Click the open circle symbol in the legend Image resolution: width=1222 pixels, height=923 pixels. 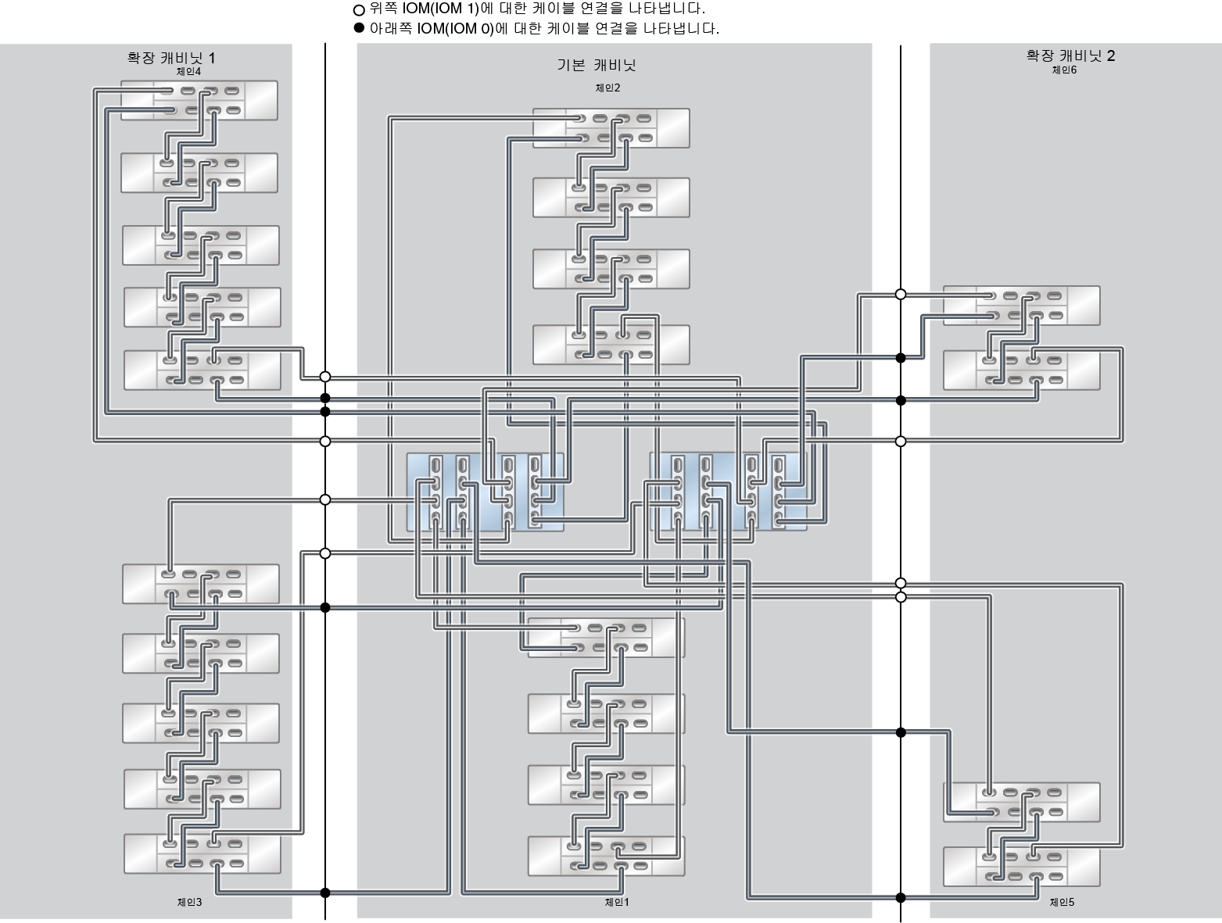tap(359, 10)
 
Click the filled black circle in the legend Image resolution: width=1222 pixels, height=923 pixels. tap(359, 28)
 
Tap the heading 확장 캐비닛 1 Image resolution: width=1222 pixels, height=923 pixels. tap(171, 58)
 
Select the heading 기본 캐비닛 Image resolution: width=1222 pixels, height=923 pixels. tap(596, 65)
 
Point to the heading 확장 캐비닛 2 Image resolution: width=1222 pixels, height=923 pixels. tap(1070, 55)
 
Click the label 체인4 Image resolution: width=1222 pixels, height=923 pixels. tap(188, 71)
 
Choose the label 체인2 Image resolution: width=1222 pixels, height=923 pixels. tap(607, 88)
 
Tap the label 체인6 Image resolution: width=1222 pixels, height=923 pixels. tap(1064, 70)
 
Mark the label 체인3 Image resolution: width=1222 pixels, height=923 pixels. tap(189, 902)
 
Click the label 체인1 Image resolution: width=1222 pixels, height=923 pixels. tap(617, 902)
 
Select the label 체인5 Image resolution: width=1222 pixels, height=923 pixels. tap(1062, 902)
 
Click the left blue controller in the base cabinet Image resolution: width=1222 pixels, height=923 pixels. tap(485, 492)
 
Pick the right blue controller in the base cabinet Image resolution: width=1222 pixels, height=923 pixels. tap(728, 492)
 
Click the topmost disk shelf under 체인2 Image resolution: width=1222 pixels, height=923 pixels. tap(611, 128)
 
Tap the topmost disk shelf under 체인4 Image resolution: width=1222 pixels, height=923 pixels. tap(199, 100)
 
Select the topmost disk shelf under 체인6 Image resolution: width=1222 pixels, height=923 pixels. tap(1021, 306)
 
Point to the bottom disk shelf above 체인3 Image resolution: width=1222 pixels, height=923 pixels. tap(202, 853)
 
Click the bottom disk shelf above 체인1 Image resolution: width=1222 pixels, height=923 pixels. tap(606, 856)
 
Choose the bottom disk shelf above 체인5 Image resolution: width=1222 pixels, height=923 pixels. tap(1021, 867)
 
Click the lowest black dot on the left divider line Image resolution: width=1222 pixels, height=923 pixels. tap(325, 893)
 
